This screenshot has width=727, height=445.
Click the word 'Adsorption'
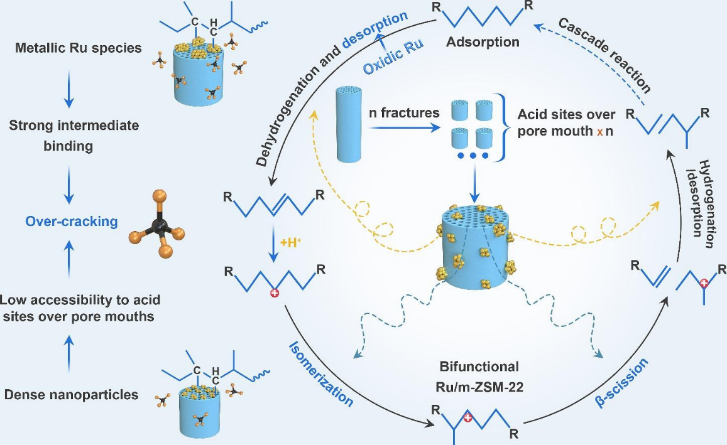pyautogui.click(x=483, y=43)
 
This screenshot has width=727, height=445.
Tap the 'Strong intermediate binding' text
pyautogui.click(x=74, y=136)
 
